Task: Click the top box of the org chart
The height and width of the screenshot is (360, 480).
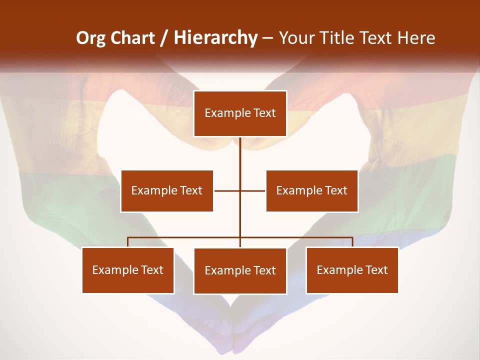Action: click(x=240, y=113)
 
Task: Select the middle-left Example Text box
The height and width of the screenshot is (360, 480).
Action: click(x=167, y=190)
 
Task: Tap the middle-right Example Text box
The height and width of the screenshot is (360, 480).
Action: click(x=311, y=190)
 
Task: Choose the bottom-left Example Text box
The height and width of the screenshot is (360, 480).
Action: click(x=128, y=270)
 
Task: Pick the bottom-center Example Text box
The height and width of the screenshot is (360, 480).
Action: click(x=240, y=270)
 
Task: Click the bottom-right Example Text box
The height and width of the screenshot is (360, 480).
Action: click(x=352, y=270)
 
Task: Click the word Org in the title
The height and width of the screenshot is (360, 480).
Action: click(x=90, y=38)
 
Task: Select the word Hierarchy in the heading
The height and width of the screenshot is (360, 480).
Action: click(x=215, y=38)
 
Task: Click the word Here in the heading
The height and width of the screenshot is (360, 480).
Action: click(x=416, y=38)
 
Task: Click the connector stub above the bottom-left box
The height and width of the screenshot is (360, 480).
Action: click(x=128, y=242)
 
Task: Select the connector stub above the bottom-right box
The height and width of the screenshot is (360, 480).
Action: click(x=352, y=242)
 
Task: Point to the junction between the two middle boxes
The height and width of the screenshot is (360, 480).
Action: click(x=240, y=190)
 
